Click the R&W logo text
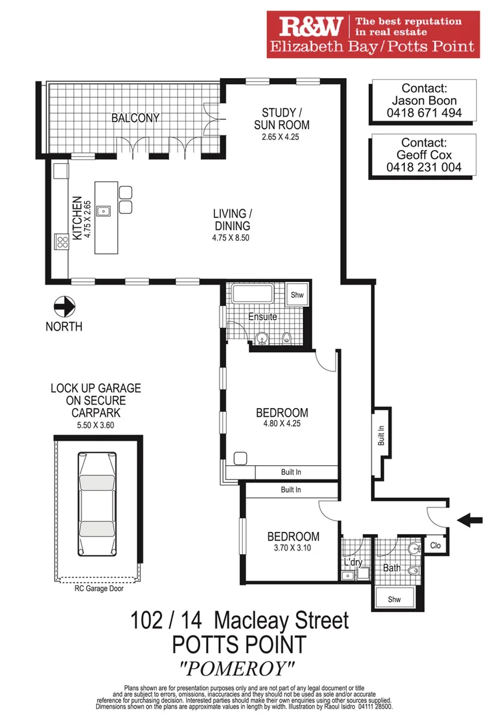(x=312, y=26)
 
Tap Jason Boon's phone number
(x=424, y=113)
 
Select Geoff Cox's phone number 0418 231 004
(x=424, y=167)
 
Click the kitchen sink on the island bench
(x=103, y=211)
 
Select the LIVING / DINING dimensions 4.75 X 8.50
(x=231, y=237)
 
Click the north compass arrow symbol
(x=64, y=307)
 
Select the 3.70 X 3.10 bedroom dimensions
(x=293, y=549)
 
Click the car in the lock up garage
(x=98, y=505)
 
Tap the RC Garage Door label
(x=98, y=588)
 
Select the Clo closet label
(x=436, y=545)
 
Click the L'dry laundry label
(x=352, y=562)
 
